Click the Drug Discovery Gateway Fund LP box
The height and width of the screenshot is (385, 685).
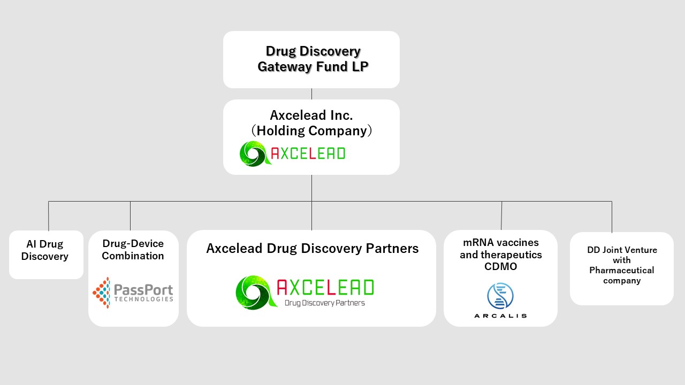(311, 59)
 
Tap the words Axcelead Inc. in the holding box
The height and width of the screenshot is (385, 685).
(311, 115)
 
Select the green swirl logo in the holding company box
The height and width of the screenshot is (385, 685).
(255, 153)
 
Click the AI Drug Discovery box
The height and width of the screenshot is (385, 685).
(46, 255)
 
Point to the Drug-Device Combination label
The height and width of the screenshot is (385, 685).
(133, 250)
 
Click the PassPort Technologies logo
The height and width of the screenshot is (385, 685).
(133, 292)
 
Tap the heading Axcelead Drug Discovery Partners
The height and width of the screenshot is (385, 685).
(312, 249)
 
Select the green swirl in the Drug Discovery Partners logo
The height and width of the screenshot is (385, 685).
(256, 292)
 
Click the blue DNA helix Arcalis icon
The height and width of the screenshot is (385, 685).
(500, 296)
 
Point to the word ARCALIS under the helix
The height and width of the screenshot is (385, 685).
(500, 316)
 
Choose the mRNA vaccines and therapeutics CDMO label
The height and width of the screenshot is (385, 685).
(500, 255)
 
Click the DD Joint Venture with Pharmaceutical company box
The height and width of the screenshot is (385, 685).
(622, 268)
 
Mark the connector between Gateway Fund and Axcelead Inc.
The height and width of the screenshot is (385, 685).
(311, 94)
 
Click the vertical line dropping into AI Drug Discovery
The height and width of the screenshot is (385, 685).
(48, 215)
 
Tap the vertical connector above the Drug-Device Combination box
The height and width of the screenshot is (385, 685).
(130, 215)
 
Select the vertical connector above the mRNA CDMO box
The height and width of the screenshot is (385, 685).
(501, 215)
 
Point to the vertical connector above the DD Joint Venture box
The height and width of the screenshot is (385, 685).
(612, 217)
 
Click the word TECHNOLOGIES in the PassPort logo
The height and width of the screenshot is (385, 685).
(144, 299)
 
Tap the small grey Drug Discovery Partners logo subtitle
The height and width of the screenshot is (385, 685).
(325, 303)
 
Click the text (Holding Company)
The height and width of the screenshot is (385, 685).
(311, 131)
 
